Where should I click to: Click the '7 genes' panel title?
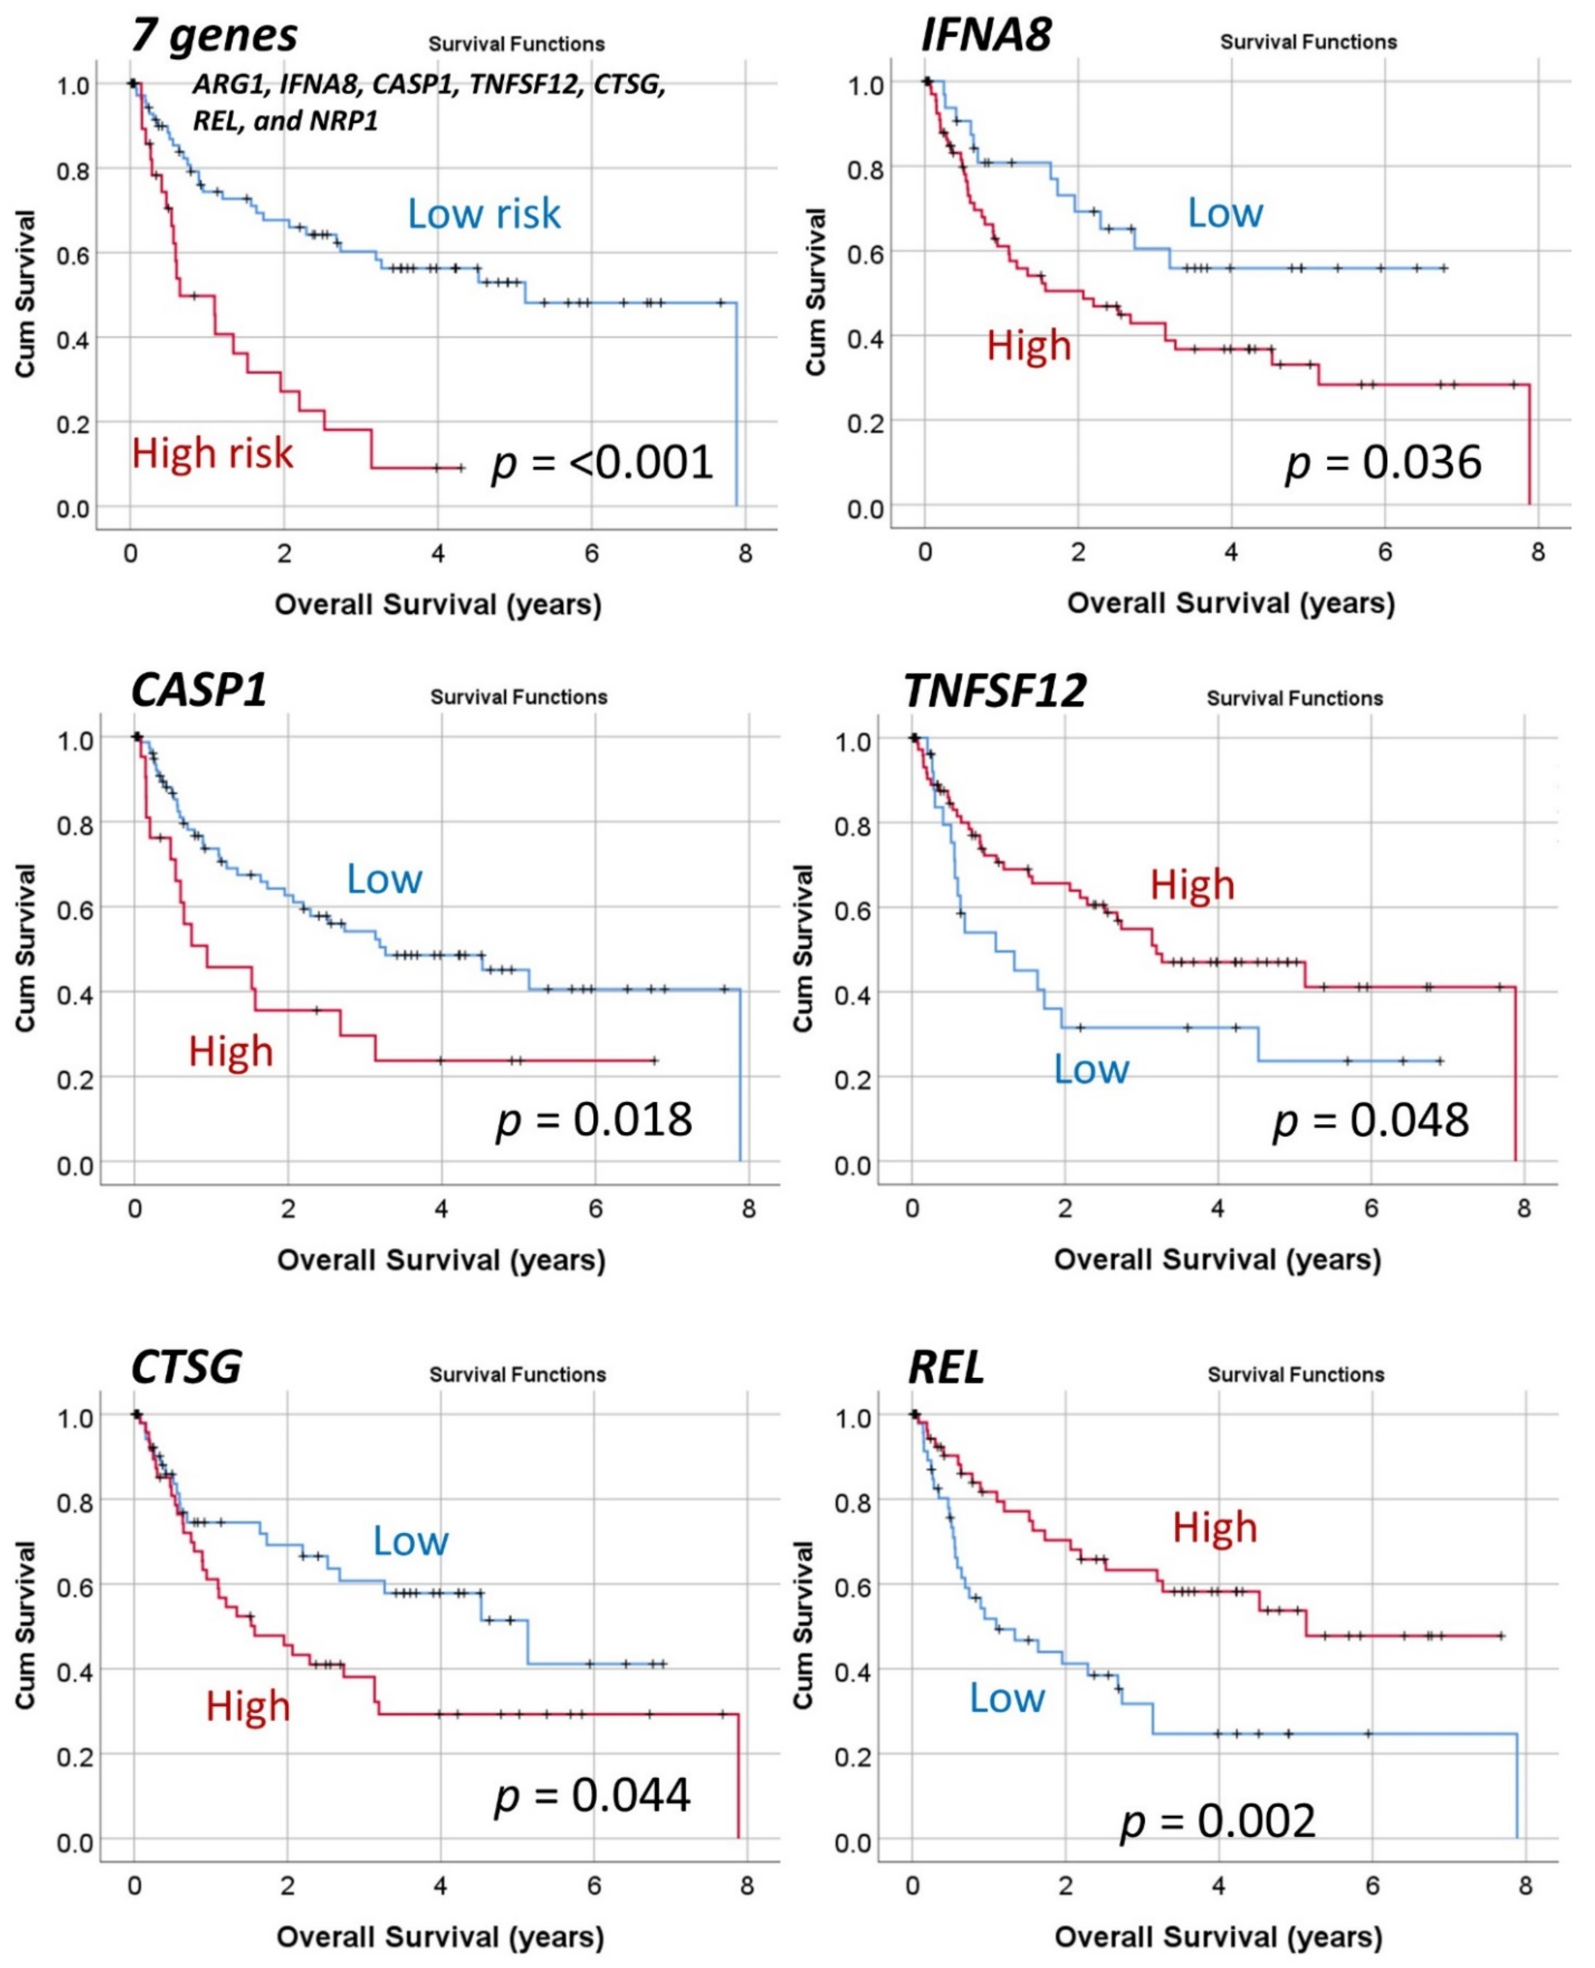tap(214, 37)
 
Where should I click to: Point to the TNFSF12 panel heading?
tap(995, 691)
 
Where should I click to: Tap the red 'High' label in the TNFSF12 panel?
tap(1192, 885)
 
